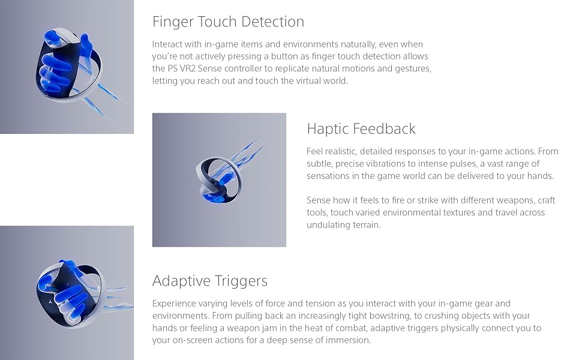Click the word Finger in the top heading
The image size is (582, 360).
pos(172,22)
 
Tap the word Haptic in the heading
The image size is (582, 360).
pos(328,129)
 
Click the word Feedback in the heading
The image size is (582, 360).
pos(384,129)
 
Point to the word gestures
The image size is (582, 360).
pos(413,69)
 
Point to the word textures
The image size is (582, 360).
pos(457,212)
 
